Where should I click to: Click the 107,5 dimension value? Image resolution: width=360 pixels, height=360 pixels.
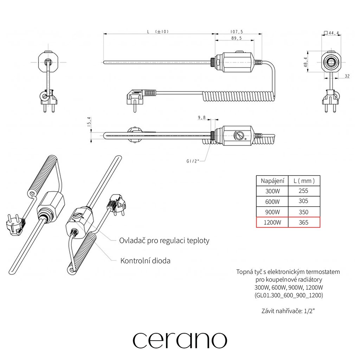point(237,32)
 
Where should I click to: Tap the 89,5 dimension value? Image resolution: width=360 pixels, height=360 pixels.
point(237,38)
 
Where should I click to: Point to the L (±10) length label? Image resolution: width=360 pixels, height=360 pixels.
point(158,31)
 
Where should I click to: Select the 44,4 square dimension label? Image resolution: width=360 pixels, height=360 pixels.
point(331,33)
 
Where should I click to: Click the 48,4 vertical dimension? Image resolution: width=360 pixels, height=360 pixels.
point(306,62)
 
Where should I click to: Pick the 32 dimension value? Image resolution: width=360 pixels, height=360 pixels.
point(347,76)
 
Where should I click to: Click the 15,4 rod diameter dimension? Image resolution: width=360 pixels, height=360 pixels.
point(89,122)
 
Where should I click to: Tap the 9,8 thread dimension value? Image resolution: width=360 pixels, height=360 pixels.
point(202,117)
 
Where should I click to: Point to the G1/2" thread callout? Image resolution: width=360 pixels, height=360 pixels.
point(193,161)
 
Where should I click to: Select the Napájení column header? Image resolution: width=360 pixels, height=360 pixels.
point(272,181)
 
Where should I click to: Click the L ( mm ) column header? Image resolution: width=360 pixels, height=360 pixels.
point(304,181)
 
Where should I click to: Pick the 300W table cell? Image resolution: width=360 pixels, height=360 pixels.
point(272,191)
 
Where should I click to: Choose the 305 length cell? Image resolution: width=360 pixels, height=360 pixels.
point(303,201)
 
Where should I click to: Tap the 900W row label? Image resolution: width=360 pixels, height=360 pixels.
point(272,212)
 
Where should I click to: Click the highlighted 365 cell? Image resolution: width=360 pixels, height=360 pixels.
point(303,223)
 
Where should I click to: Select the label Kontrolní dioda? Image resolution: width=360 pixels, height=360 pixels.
point(145,261)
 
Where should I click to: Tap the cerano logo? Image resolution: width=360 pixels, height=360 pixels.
point(180,340)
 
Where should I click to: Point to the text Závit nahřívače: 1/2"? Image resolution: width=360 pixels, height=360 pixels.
point(288,311)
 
